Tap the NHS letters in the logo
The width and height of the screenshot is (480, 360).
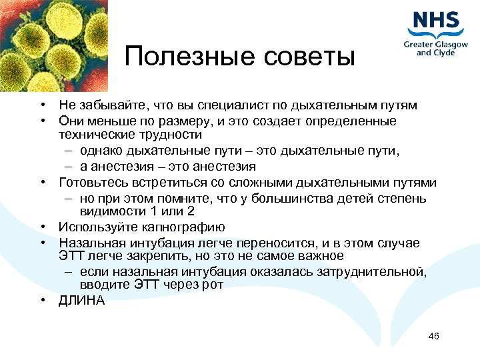pyautogui.click(x=437, y=21)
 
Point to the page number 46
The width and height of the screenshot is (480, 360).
pyautogui.click(x=433, y=335)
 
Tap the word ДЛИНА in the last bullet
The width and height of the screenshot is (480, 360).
pyautogui.click(x=81, y=300)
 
